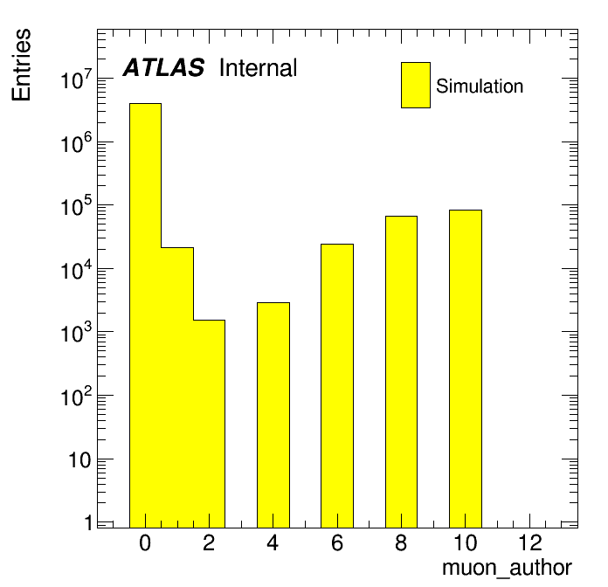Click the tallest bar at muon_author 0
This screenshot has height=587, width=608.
[145, 315]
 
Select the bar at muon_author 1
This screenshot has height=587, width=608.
[177, 387]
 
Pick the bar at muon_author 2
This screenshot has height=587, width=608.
[209, 424]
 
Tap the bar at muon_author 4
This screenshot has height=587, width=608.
[273, 415]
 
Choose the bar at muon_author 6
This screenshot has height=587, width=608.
[337, 386]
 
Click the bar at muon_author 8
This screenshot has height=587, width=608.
[401, 372]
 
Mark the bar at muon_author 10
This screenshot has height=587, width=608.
[466, 369]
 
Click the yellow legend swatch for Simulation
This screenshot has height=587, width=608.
[416, 85]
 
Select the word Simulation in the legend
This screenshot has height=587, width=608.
[480, 86]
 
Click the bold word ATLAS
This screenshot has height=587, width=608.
[163, 67]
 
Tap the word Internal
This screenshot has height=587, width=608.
[258, 68]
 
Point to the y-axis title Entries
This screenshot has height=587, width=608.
[21, 65]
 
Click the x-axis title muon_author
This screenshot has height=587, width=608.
[507, 569]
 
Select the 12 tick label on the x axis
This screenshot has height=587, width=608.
[530, 542]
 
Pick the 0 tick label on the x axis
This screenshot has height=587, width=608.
[145, 542]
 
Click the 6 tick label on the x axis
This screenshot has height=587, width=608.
[337, 542]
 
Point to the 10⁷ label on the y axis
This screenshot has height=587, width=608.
[77, 79]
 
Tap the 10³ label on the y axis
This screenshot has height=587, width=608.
[77, 332]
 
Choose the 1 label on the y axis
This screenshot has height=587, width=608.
[89, 522]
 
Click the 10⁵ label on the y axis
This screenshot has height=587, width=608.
[77, 205]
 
